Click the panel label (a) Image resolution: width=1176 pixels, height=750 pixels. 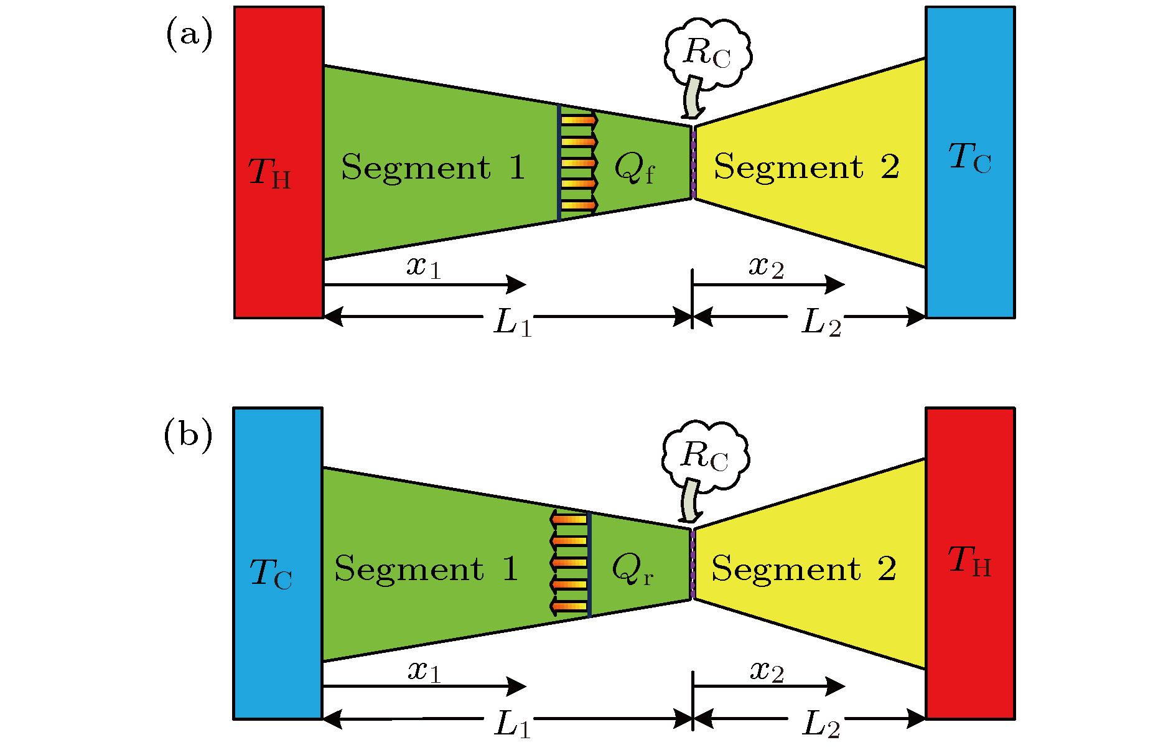(189, 34)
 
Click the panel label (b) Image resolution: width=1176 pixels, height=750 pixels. (187, 436)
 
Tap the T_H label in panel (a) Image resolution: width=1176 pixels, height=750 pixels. (269, 172)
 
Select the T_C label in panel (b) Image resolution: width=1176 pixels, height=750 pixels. (271, 573)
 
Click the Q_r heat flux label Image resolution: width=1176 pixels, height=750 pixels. (632, 569)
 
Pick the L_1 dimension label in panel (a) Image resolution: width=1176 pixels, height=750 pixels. (513, 323)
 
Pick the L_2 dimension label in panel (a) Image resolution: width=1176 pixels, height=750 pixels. (821, 323)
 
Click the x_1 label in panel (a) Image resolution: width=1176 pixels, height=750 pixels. (424, 267)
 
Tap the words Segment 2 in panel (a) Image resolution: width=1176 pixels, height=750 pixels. (806, 167)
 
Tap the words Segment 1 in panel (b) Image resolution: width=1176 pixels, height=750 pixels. (426, 569)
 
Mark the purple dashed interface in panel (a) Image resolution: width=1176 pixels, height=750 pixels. (693, 162)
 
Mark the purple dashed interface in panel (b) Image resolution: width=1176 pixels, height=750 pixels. (693, 564)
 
